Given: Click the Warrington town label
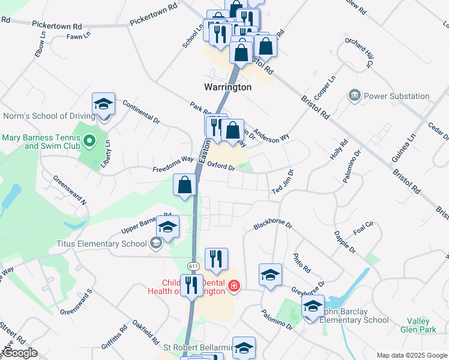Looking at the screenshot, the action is tap(228, 87).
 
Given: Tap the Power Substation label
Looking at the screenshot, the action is tap(397, 96).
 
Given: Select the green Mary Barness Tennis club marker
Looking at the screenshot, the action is tap(89, 142).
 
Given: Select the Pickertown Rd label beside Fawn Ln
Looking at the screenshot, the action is tap(56, 26).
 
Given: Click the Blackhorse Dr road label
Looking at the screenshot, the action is tap(272, 226).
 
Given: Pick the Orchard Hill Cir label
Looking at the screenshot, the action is tap(360, 52).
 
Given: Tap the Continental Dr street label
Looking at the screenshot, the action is tap(141, 112).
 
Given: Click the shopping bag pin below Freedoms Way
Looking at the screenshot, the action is tap(184, 185).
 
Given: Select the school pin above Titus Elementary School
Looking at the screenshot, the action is tap(167, 227).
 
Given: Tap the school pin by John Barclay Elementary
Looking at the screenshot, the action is tap(313, 306).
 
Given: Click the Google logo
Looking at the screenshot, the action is tap(19, 353).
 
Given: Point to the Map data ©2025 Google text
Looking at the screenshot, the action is tap(412, 355).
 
